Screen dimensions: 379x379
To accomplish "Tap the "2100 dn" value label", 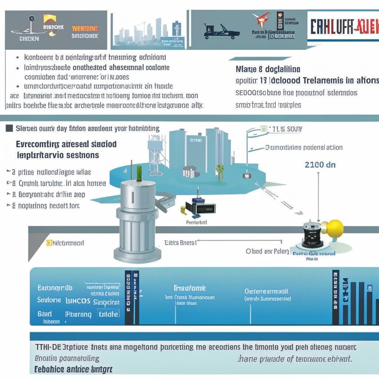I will tap(320, 165).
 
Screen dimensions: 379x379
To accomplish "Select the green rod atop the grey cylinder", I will tap(140, 174).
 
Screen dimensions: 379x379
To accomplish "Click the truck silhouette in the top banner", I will tap(221, 31).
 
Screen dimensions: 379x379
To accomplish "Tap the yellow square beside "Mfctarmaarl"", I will tap(48, 243).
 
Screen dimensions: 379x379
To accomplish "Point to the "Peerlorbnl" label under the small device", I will tap(196, 223).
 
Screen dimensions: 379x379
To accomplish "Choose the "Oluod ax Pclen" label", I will tap(267, 251).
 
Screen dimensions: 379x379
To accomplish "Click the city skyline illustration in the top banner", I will tap(148, 31).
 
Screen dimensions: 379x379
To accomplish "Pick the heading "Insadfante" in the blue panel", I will tap(189, 288).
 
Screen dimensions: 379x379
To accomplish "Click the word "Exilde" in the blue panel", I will tap(108, 314).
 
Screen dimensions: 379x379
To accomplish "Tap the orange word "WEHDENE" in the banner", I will tap(85, 28).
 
